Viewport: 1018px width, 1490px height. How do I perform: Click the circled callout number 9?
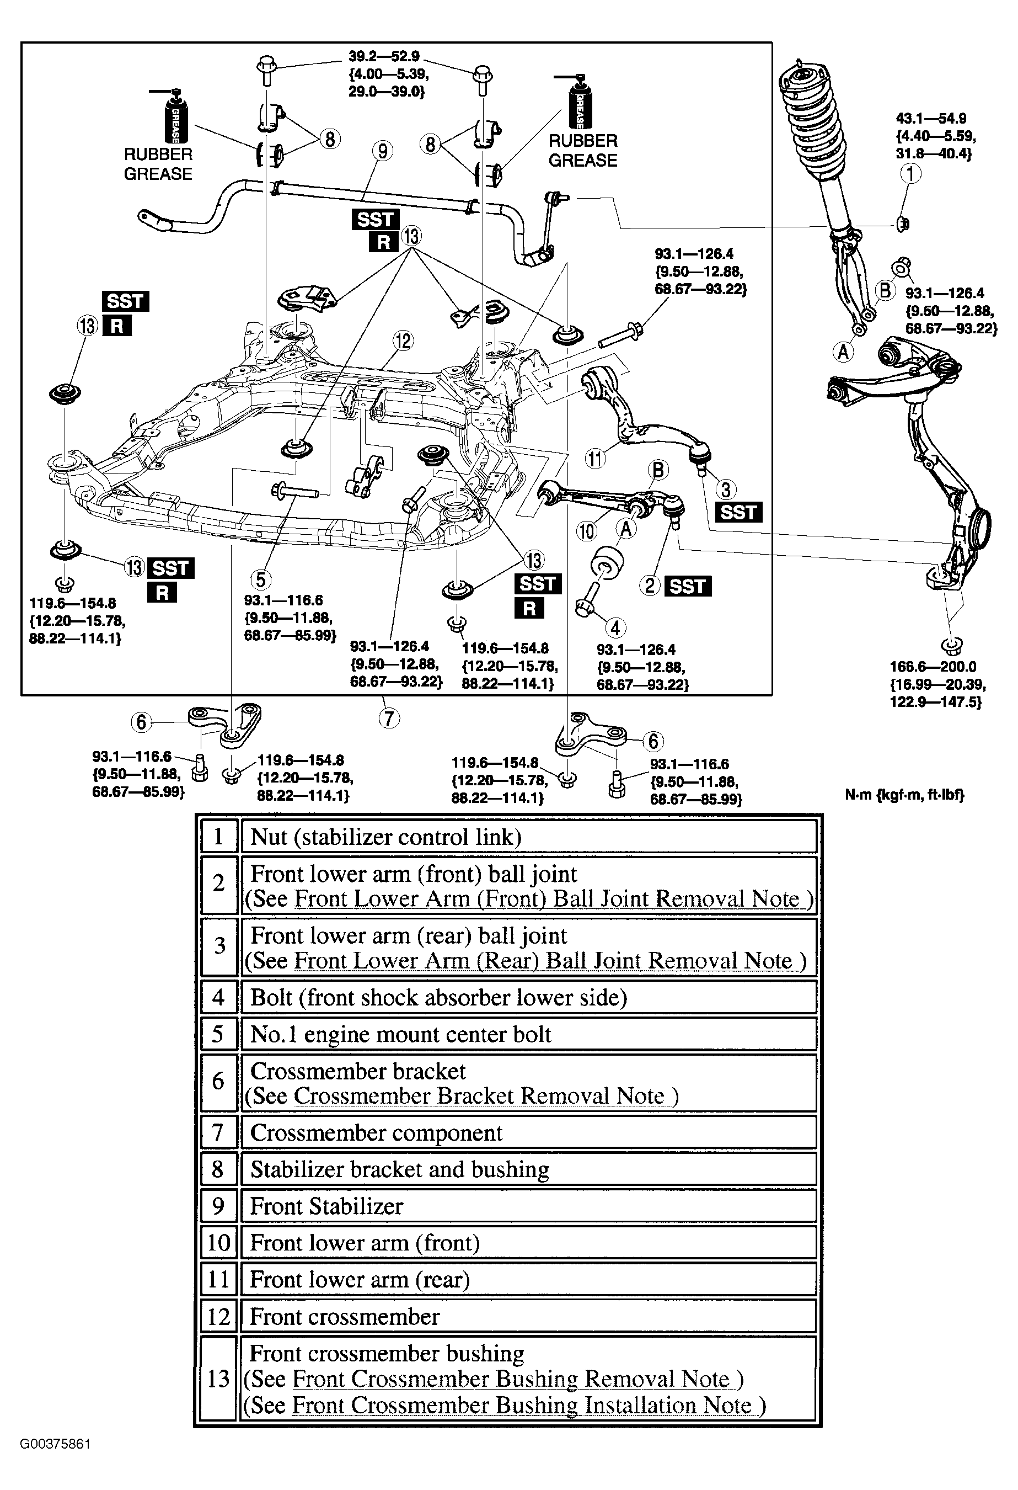[383, 151]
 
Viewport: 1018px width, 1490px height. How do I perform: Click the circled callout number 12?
[403, 340]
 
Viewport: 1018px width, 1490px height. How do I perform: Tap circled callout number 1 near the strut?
[910, 173]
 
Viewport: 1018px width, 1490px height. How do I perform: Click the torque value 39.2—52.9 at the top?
[384, 57]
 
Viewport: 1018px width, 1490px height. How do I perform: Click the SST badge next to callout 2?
[688, 586]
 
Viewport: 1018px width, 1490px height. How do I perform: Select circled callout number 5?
[260, 579]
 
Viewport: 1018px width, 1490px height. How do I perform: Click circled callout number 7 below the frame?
[389, 717]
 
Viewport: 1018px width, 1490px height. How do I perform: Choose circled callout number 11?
[595, 459]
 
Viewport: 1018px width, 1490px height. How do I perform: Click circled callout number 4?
[615, 627]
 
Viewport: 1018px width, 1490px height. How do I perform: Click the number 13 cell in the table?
[218, 1379]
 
